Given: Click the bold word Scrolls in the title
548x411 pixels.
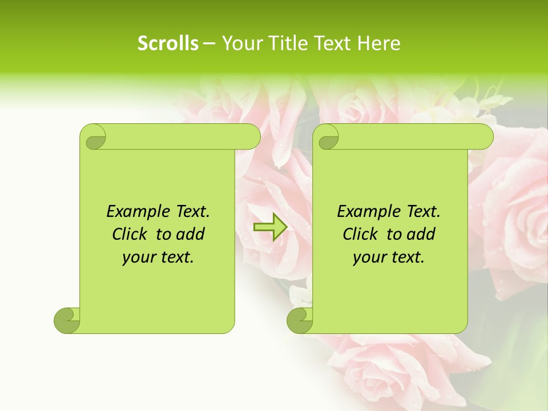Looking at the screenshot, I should pyautogui.click(x=168, y=43).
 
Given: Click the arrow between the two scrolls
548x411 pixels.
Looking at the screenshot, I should pyautogui.click(x=270, y=227).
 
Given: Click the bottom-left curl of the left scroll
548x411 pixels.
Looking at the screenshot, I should pyautogui.click(x=67, y=320).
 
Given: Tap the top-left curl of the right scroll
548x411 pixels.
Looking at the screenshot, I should pyautogui.click(x=328, y=138).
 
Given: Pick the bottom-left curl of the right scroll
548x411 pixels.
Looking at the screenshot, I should pyautogui.click(x=300, y=320).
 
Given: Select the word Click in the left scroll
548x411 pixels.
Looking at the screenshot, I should pyautogui.click(x=131, y=234).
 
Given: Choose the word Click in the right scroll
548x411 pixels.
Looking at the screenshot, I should pyautogui.click(x=362, y=234).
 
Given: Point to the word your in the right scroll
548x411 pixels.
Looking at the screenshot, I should pyautogui.click(x=369, y=257).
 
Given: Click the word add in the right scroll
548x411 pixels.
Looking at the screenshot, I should pyautogui.click(x=421, y=234).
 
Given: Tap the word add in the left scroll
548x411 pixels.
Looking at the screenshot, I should pyautogui.click(x=191, y=234).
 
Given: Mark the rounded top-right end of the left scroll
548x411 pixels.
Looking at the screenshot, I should pyautogui.click(x=251, y=137).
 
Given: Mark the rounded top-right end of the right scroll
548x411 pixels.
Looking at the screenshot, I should pyautogui.click(x=484, y=137).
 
